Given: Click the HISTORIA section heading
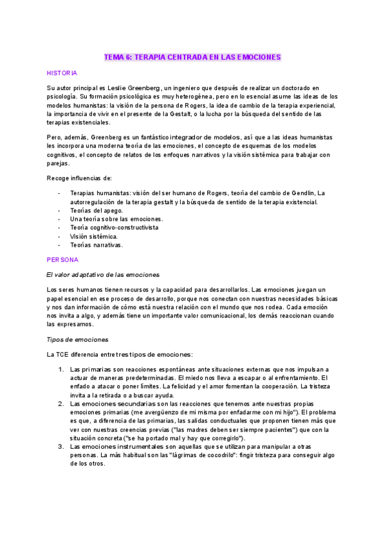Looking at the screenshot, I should click(62, 73).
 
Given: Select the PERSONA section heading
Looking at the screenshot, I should click(62, 259).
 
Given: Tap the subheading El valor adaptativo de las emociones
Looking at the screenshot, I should click(98, 274).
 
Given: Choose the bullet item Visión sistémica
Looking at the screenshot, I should click(94, 236).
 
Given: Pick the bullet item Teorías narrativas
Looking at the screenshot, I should click(96, 245).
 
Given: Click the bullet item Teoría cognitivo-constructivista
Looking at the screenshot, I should click(114, 228).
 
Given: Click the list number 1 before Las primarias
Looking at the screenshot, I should click(60, 369).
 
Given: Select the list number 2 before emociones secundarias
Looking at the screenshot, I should click(60, 404).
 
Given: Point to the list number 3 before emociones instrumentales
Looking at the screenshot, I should click(60, 446).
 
